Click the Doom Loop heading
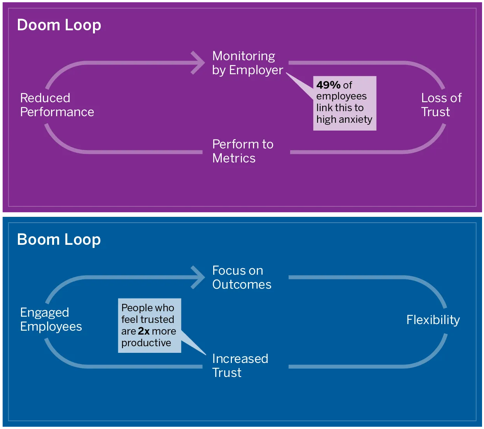(x=59, y=25)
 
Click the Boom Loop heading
(x=59, y=239)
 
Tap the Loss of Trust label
(x=441, y=105)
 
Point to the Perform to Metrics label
(x=242, y=151)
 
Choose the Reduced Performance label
(x=57, y=105)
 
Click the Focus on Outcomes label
(x=241, y=277)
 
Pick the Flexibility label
(x=433, y=320)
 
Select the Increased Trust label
(x=240, y=366)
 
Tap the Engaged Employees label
(x=51, y=319)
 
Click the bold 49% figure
(x=328, y=85)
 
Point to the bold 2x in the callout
(x=144, y=331)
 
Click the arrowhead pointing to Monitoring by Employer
(x=199, y=63)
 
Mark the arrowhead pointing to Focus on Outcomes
(x=199, y=277)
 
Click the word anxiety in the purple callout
(x=355, y=119)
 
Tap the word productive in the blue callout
(x=146, y=343)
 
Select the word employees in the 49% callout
(x=341, y=96)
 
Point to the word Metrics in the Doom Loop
(x=234, y=159)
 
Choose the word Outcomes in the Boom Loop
(x=242, y=284)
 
